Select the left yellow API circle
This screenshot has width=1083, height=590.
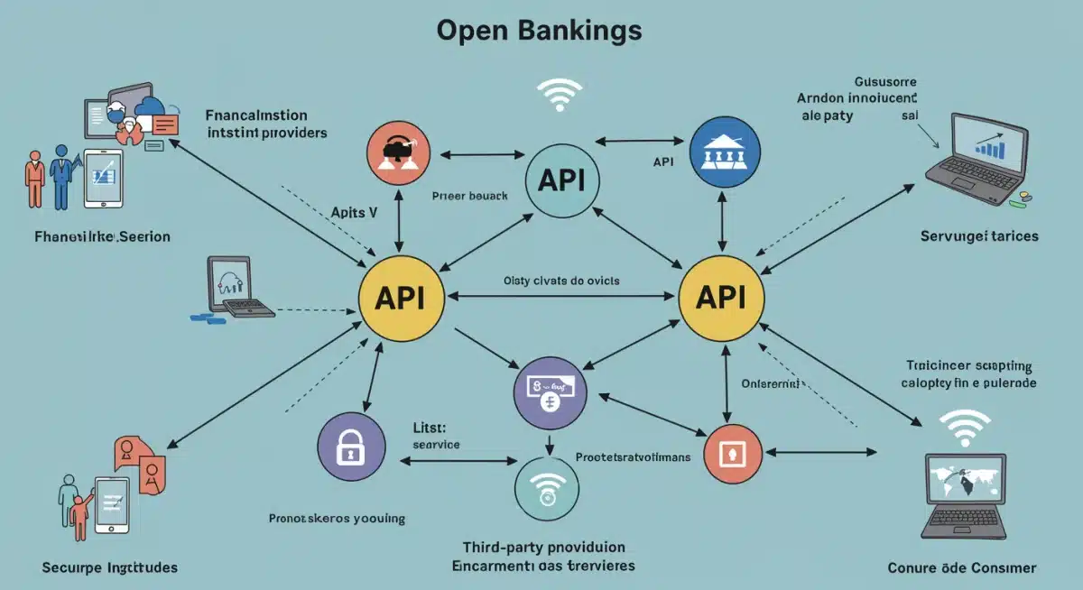(402, 299)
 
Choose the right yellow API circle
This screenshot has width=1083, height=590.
(721, 299)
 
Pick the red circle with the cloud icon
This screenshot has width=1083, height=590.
(398, 151)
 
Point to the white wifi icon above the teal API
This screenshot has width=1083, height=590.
(560, 94)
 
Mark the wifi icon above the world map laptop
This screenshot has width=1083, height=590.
(964, 427)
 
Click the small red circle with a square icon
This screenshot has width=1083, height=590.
(731, 452)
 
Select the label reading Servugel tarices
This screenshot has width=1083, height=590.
(979, 235)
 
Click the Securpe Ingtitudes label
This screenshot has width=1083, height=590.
(109, 567)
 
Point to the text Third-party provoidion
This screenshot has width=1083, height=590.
(543, 547)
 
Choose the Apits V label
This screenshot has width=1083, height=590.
(347, 214)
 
